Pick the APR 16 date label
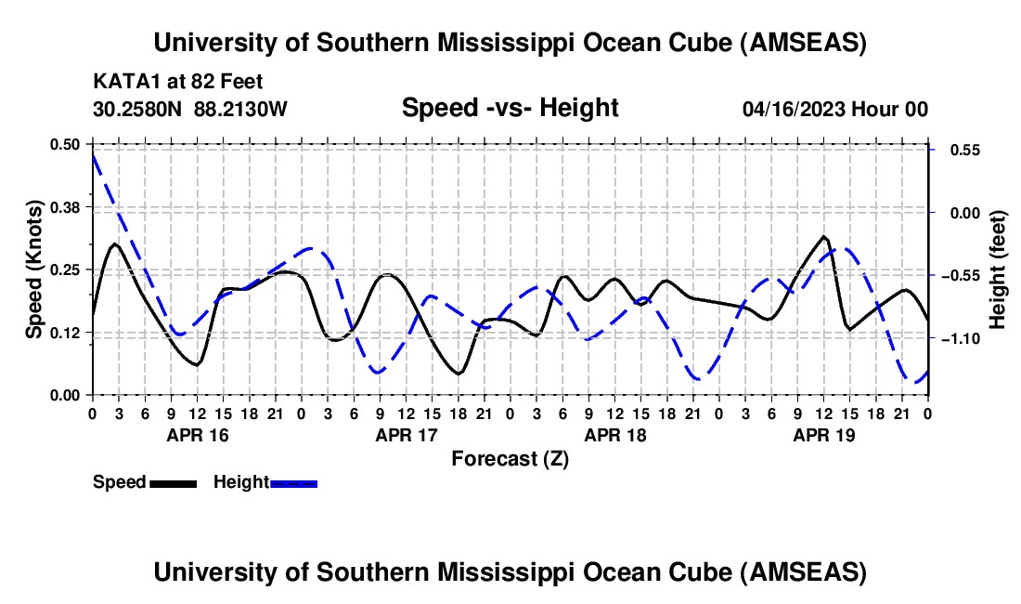197,434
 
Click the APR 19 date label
823,434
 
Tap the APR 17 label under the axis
406,434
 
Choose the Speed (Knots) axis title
34,269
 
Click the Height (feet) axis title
999,269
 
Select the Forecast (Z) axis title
510,458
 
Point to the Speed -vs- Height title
510,108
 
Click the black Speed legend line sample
174,482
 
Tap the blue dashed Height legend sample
294,482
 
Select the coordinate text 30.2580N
139,109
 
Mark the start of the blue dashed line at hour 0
93,153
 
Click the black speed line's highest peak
824,237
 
